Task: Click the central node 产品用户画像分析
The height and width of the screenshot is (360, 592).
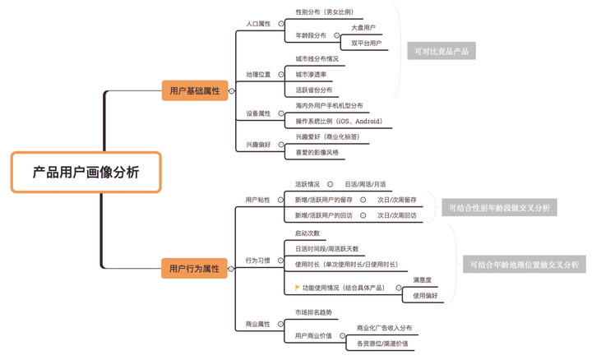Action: pyautogui.click(x=86, y=172)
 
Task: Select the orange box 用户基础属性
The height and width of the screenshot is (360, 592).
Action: pyautogui.click(x=194, y=90)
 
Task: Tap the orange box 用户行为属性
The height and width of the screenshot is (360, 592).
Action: pyautogui.click(x=194, y=268)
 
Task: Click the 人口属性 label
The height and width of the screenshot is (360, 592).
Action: pyautogui.click(x=258, y=24)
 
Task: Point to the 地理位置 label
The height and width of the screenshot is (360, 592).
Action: pyautogui.click(x=258, y=75)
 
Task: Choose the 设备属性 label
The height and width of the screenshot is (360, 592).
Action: pyautogui.click(x=258, y=113)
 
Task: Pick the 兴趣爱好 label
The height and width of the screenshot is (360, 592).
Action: pyautogui.click(x=258, y=145)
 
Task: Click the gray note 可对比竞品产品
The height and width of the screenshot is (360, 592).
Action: pyautogui.click(x=442, y=51)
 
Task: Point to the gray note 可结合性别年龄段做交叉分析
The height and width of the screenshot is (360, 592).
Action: pyautogui.click(x=499, y=208)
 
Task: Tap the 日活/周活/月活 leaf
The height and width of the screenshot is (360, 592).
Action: pyautogui.click(x=364, y=184)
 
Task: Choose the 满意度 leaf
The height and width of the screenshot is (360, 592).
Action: pyautogui.click(x=422, y=280)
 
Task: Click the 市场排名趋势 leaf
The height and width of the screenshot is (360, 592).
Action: pyautogui.click(x=313, y=312)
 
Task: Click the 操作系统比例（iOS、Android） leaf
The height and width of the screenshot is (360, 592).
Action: pyautogui.click(x=338, y=121)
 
